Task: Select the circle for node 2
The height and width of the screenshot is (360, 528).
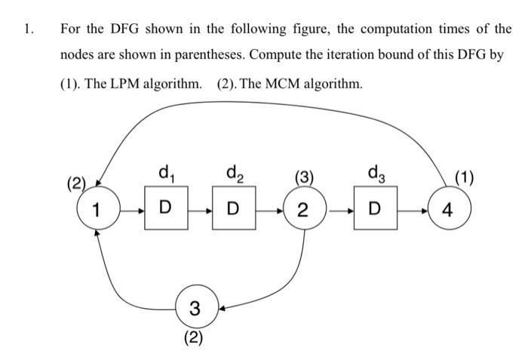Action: pos(302,209)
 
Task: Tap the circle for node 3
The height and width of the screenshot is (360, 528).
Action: pos(195,307)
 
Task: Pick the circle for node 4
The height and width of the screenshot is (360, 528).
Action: pos(448,209)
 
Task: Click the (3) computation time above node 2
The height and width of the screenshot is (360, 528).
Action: pos(304,179)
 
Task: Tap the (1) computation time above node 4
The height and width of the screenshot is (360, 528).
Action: pos(463,179)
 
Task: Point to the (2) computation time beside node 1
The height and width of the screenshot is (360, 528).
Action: pos(78,183)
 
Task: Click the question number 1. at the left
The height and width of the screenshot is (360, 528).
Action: pos(28,29)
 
